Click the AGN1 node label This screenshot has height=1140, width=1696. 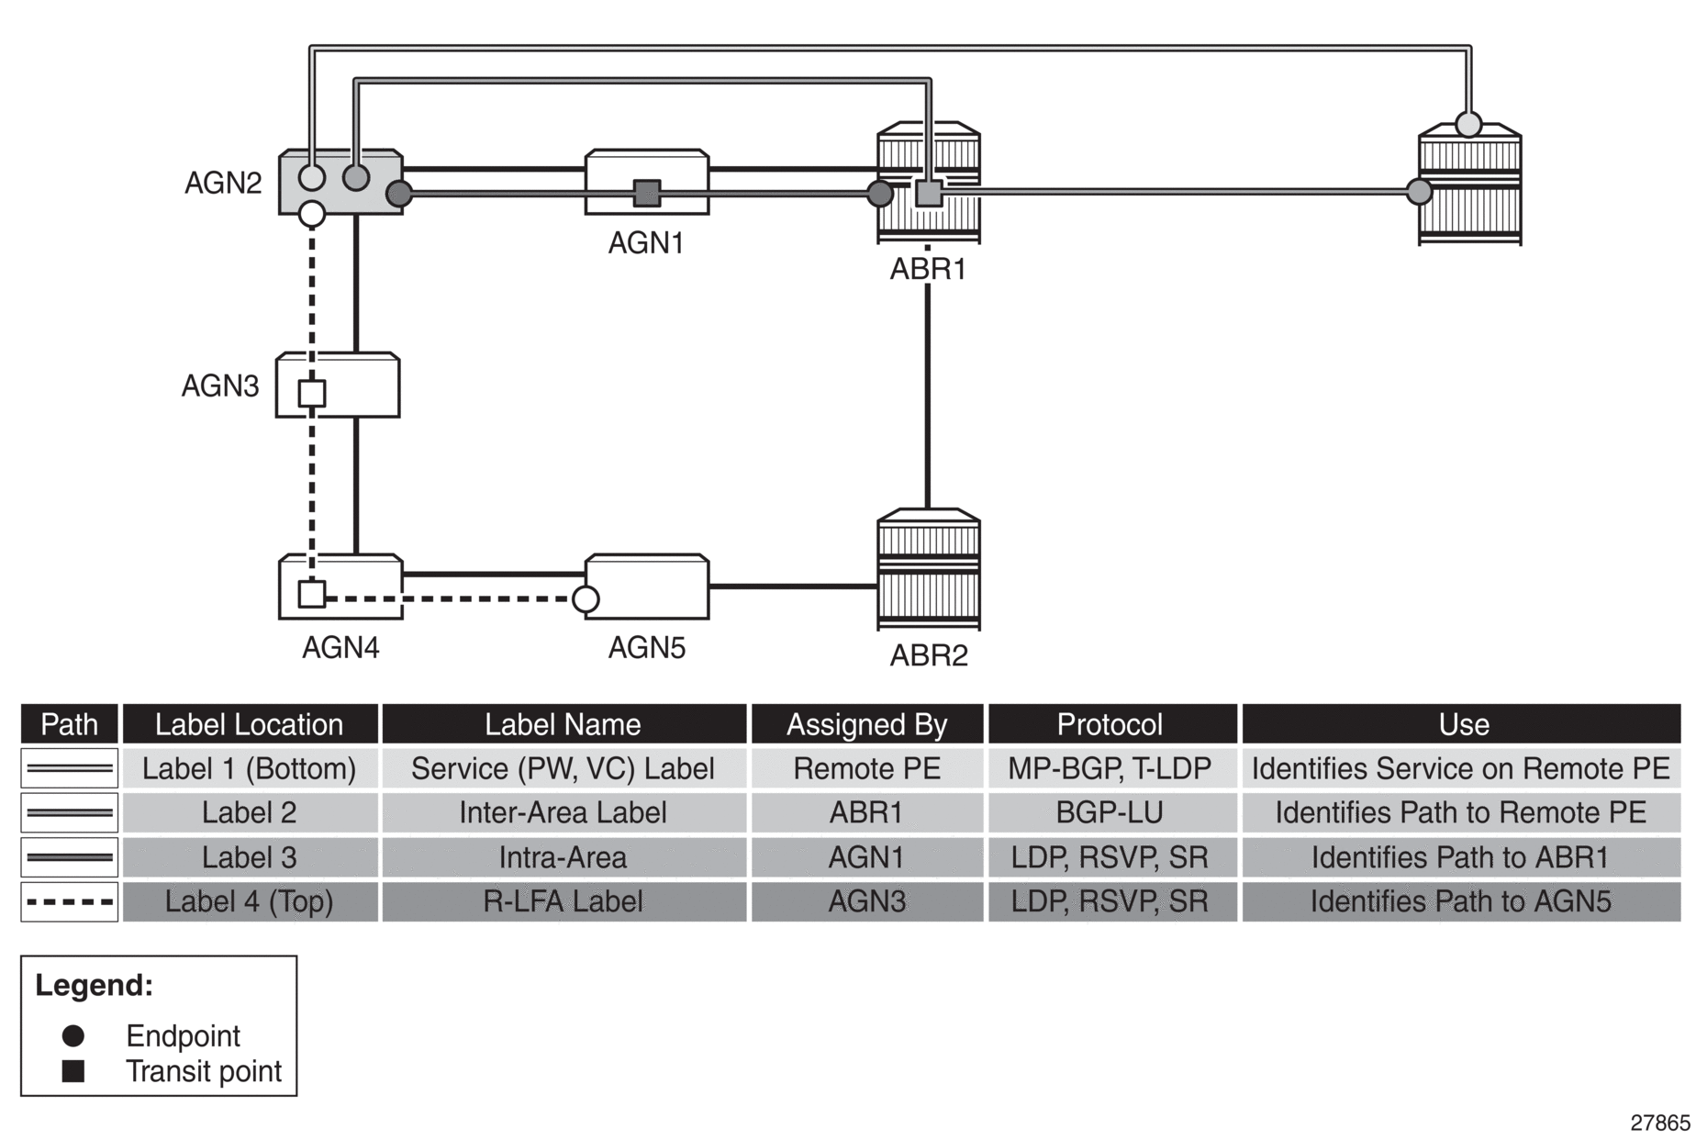[646, 242]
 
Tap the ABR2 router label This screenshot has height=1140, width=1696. [929, 655]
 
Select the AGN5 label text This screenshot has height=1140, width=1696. [646, 648]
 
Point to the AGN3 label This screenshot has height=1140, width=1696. [220, 386]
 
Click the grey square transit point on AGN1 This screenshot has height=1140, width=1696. [647, 193]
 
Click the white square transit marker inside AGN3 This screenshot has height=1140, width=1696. [312, 394]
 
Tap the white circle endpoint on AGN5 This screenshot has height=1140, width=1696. [586, 599]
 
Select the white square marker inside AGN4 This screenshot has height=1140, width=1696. [312, 595]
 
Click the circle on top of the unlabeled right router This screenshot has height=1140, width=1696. [1468, 124]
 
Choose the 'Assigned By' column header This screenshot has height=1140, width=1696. [866, 724]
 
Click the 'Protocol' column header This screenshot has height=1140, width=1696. [1110, 724]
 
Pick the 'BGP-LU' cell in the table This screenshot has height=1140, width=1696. [1110, 812]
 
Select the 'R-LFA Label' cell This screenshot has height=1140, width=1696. [563, 901]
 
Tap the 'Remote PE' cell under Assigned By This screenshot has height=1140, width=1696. [866, 768]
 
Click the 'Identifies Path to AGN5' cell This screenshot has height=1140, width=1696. [1461, 901]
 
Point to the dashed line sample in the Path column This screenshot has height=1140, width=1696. [70, 901]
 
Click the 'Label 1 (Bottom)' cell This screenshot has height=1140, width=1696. [250, 768]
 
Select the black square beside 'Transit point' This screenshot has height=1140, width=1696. [73, 1071]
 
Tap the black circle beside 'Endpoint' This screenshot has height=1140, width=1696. [73, 1036]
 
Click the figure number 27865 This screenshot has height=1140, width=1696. [1659, 1123]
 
